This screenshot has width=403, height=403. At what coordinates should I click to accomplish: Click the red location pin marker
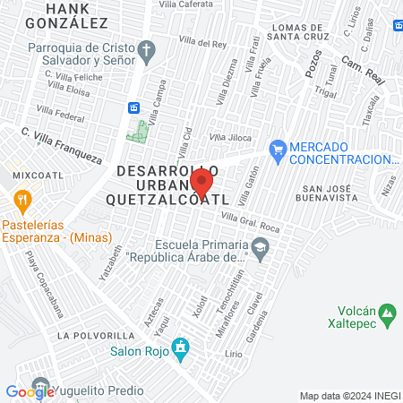tap(202, 184)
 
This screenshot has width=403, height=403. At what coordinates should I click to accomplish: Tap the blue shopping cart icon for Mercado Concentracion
tap(278, 148)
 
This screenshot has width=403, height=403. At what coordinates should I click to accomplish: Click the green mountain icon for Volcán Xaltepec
tap(387, 314)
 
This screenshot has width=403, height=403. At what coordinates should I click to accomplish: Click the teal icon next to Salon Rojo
tap(181, 346)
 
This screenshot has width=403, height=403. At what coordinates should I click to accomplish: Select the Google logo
tap(29, 390)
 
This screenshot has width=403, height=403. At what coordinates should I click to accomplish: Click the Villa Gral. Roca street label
tap(251, 224)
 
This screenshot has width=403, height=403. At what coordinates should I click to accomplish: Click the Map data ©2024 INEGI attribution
tap(349, 396)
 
